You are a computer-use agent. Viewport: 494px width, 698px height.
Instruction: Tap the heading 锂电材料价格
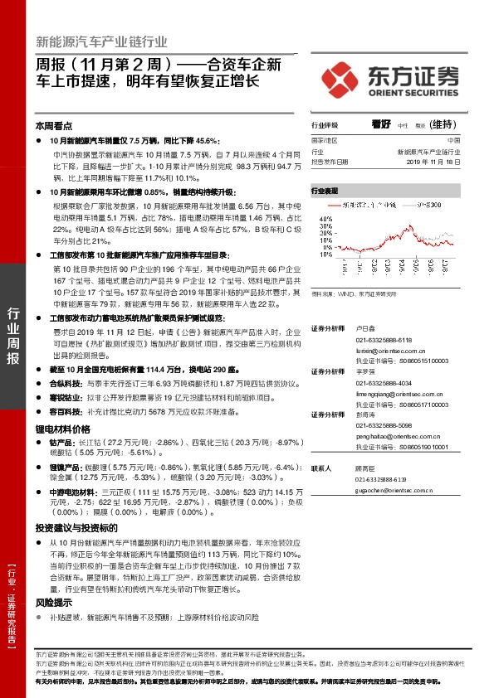point(62,429)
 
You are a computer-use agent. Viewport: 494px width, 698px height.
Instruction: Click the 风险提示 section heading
point(55,603)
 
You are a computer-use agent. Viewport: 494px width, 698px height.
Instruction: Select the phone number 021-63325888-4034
point(378,383)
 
